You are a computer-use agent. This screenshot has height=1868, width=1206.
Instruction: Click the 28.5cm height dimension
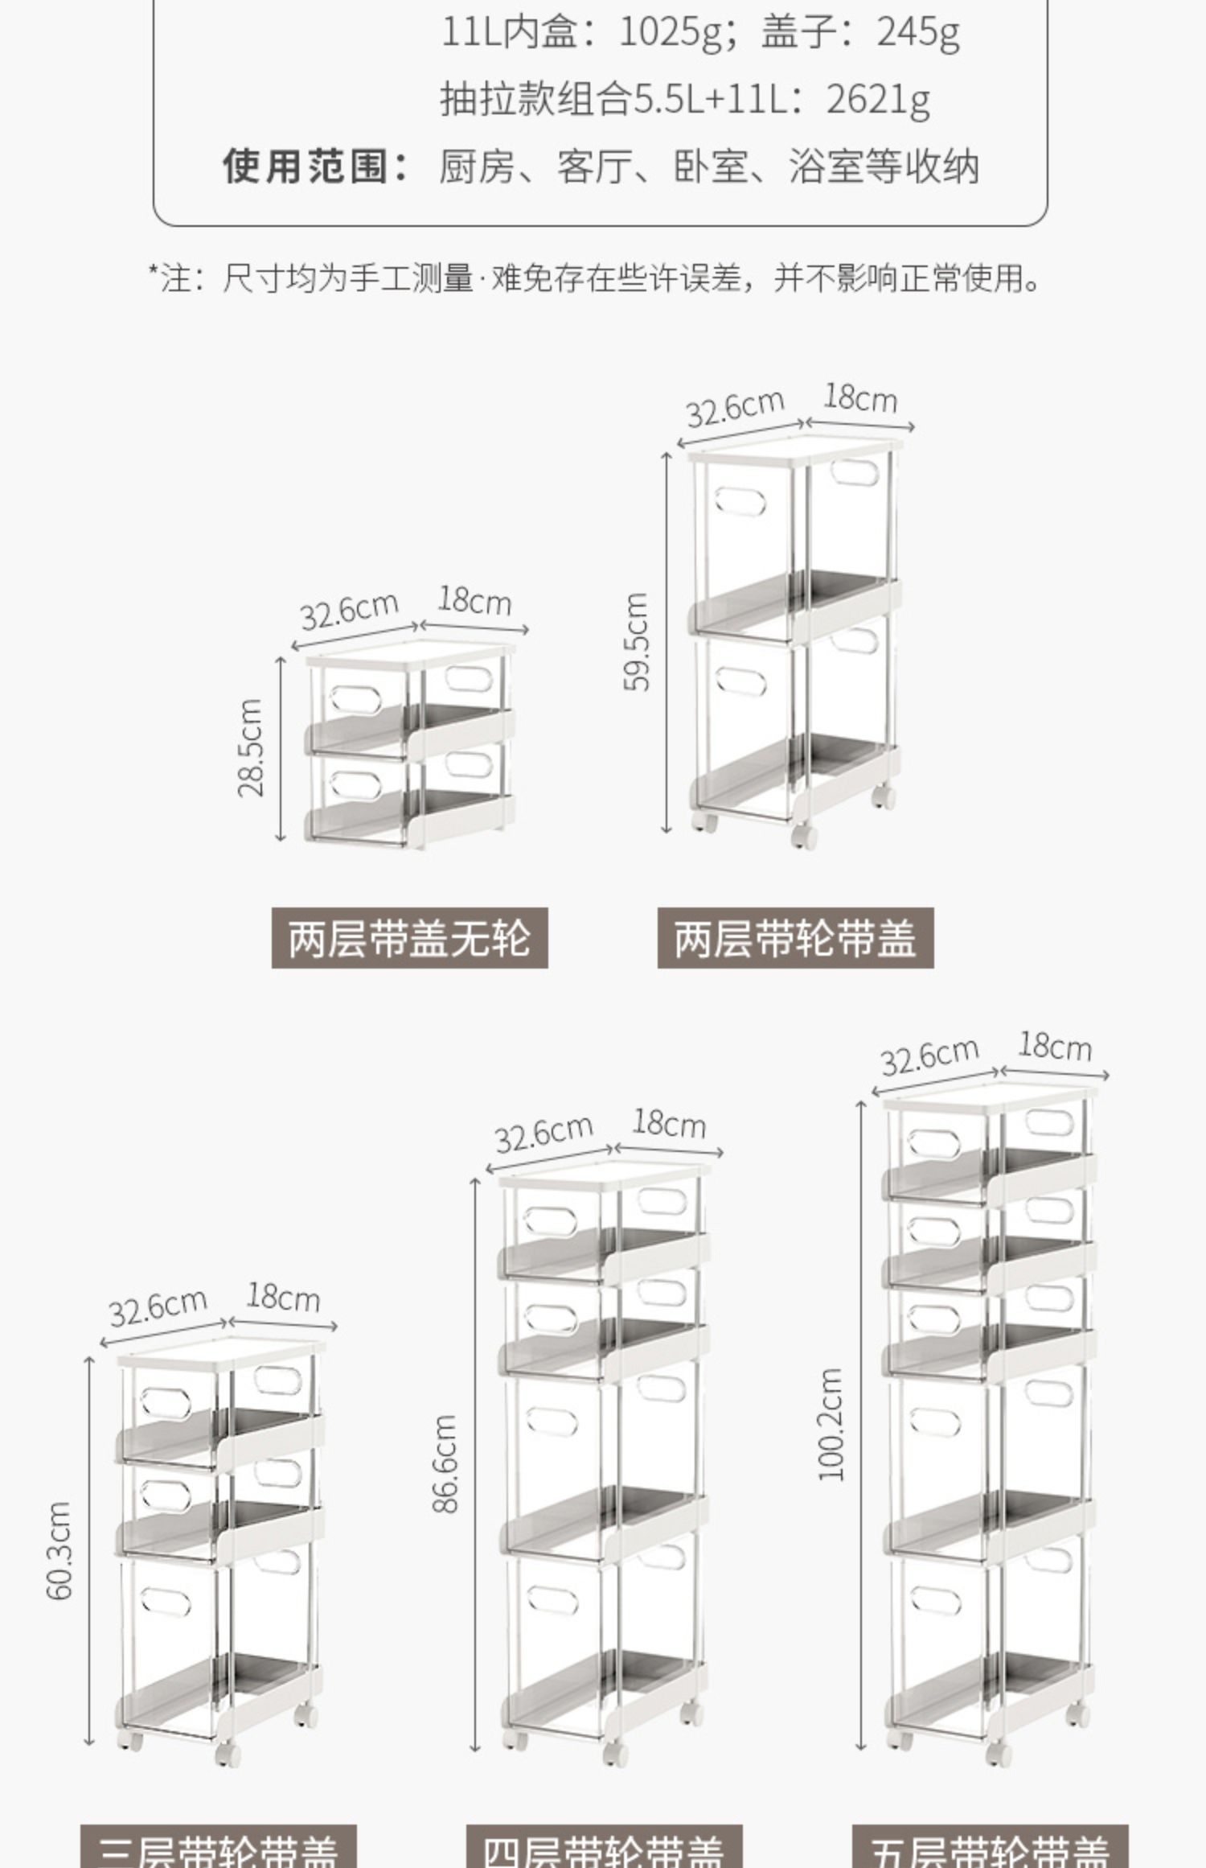tap(251, 748)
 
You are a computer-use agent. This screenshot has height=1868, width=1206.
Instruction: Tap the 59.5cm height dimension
tap(636, 642)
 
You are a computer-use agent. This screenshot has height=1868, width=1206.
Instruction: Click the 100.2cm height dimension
tap(831, 1425)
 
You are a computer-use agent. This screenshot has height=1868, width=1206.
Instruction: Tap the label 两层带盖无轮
tap(409, 938)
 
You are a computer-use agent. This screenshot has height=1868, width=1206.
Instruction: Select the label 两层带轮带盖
tap(795, 938)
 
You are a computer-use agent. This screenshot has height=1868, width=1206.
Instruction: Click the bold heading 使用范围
tap(315, 167)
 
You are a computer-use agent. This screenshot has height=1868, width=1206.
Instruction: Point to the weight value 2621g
tap(878, 101)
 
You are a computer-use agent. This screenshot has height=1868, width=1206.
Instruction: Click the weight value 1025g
tap(670, 33)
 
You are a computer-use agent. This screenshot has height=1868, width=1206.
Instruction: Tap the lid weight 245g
tap(918, 33)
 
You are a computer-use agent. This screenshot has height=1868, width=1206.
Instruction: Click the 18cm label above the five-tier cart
tap(1055, 1047)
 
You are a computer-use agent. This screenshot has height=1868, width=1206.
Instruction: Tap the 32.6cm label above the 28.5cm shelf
tap(349, 611)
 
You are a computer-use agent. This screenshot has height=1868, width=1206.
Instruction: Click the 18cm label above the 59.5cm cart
tap(860, 399)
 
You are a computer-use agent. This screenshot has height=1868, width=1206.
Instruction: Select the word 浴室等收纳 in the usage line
tap(884, 167)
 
